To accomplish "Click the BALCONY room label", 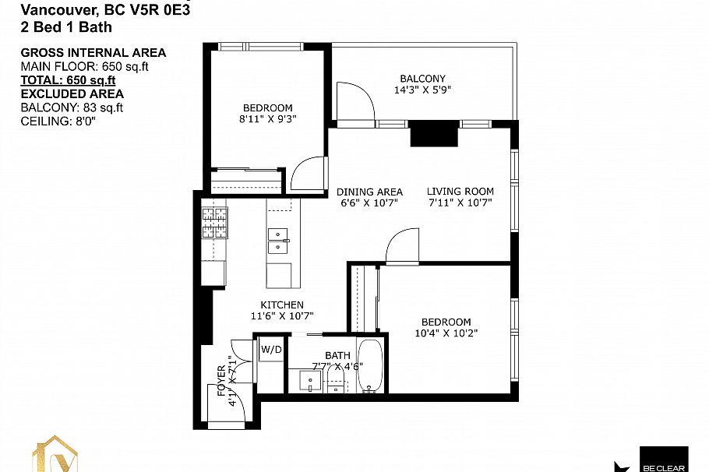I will click(422, 79).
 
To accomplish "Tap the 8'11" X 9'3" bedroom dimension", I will click(267, 119).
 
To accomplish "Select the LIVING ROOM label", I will click(460, 192).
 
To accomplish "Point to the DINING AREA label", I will click(369, 192).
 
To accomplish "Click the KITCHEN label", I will click(282, 305).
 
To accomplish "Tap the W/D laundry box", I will click(271, 349).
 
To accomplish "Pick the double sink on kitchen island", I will click(278, 241).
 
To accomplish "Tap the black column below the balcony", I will click(433, 134).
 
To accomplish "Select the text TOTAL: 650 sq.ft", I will click(68, 79).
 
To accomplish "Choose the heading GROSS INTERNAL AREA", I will click(93, 53).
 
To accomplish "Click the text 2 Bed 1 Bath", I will click(65, 27).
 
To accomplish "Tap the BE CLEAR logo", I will click(662, 460).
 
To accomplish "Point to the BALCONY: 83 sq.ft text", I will click(71, 107).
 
